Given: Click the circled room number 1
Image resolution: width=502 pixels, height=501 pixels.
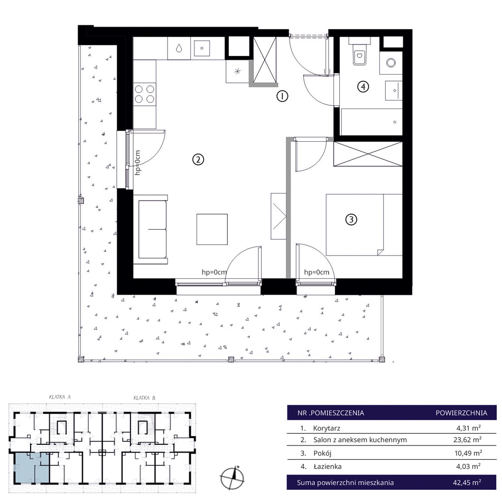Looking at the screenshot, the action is click(x=282, y=96).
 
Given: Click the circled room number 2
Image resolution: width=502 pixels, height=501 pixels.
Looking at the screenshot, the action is click(x=198, y=159).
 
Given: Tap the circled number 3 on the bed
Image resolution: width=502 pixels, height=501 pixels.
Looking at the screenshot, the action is click(x=351, y=220).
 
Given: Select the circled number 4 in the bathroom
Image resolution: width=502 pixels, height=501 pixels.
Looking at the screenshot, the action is click(x=363, y=87).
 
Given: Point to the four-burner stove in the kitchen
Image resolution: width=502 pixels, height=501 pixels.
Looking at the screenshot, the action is click(x=144, y=94).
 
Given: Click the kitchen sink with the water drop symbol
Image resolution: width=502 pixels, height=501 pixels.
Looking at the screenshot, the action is click(x=179, y=48).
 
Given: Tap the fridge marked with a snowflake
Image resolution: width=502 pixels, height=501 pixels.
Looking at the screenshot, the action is click(x=237, y=71).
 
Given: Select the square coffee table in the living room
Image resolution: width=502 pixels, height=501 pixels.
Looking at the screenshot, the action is click(x=212, y=230).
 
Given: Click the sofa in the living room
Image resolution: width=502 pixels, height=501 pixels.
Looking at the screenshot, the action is click(x=151, y=230).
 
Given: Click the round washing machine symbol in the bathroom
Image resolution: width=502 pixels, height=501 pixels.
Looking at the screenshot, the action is click(x=391, y=62).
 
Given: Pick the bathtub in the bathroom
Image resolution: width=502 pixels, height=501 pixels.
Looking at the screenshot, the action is click(x=371, y=122).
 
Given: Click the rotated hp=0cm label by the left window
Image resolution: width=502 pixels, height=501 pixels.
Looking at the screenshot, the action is click(x=138, y=163).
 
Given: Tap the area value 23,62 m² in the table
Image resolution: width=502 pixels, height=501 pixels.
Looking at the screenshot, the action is click(x=468, y=440).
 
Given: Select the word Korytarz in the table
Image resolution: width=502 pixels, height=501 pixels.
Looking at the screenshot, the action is click(x=327, y=428).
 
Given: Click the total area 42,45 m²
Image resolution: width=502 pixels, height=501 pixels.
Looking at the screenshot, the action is click(x=467, y=482).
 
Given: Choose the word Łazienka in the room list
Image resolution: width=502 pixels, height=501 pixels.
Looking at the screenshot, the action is click(x=327, y=467).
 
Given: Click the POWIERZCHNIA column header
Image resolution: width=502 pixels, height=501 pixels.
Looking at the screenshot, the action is click(x=461, y=413).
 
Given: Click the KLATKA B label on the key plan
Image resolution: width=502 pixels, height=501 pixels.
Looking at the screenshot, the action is click(x=144, y=398).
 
